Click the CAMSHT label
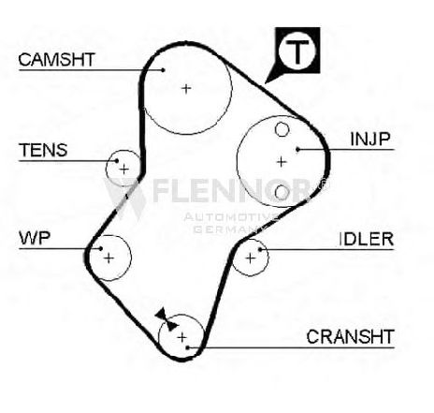coord(56,60)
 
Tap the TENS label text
coord(43,150)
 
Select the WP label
coord(35,238)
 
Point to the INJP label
coord(370,140)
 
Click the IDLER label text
coord(366,240)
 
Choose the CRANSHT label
coord(351,336)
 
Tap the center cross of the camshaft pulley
coord(186,89)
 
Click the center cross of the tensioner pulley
coord(124,170)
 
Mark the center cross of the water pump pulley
coord(108,258)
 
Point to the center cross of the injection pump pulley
coord(282,162)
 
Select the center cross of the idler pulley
coord(251,258)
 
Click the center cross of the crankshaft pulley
coord(181,337)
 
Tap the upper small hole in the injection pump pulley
coord(282,129)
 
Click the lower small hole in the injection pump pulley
coord(282,192)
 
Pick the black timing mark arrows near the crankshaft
coord(166,319)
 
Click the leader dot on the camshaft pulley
coord(163,70)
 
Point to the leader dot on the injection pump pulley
coord(297,150)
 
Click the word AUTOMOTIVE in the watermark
coord(231,217)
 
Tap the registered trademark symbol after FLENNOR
coord(324,184)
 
